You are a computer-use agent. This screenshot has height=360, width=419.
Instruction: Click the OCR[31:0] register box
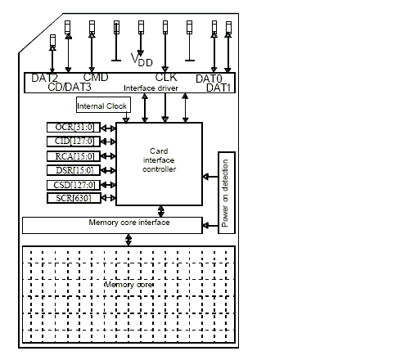click(74, 128)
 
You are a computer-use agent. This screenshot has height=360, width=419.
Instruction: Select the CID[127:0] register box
click(74, 142)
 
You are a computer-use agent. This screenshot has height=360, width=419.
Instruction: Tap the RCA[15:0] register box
click(74, 156)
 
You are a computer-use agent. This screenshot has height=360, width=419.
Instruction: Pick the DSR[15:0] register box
click(74, 170)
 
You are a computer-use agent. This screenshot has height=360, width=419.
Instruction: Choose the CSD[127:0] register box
click(74, 185)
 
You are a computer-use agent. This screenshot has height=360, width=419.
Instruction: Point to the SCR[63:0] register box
click(74, 198)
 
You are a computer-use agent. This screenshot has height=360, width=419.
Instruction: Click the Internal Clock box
click(103, 105)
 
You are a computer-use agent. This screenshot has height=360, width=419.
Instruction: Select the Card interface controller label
click(159, 160)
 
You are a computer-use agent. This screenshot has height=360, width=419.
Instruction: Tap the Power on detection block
click(227, 192)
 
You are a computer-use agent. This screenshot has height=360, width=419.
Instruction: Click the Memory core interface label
click(129, 223)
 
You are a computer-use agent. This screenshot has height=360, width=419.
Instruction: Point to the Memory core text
click(128, 285)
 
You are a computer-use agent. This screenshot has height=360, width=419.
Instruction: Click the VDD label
click(142, 60)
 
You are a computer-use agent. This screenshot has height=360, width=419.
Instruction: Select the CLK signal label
click(166, 78)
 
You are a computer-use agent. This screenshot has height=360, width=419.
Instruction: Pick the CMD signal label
click(96, 78)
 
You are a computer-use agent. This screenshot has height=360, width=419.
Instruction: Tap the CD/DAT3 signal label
click(70, 87)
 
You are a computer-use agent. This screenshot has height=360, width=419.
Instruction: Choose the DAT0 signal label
click(209, 79)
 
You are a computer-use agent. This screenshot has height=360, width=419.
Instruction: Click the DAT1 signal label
click(219, 88)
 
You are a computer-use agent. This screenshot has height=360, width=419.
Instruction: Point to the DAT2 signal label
click(45, 78)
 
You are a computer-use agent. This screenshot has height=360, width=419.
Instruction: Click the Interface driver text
click(151, 88)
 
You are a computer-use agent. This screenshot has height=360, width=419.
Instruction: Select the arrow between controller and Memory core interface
click(161, 211)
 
